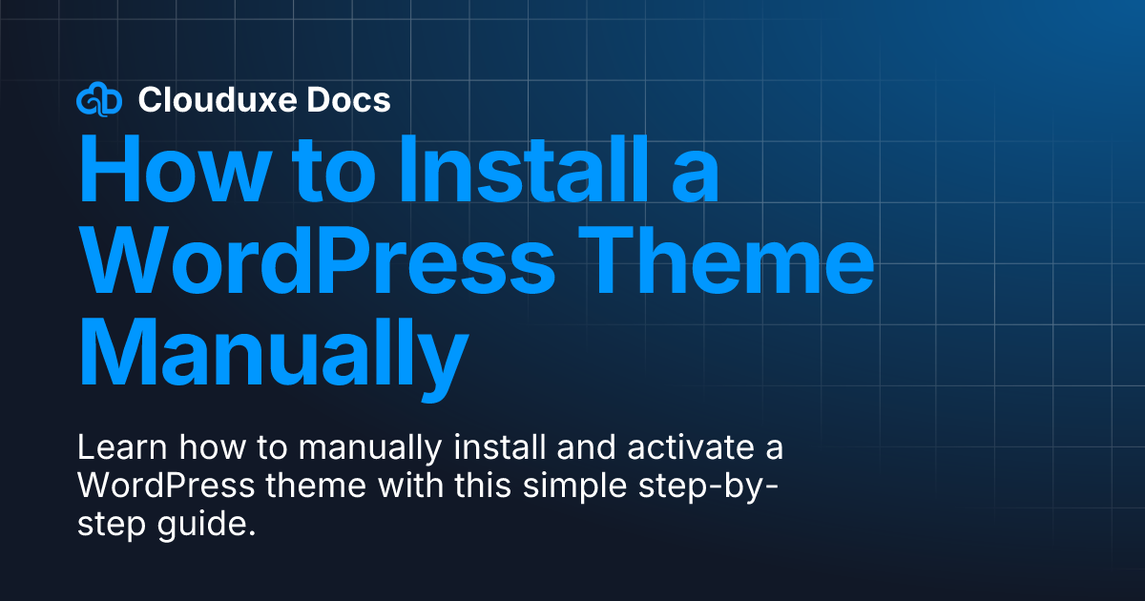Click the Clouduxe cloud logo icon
coord(98,99)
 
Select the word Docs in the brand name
coord(356,99)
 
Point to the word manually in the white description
coord(334,449)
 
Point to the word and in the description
coord(547,447)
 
